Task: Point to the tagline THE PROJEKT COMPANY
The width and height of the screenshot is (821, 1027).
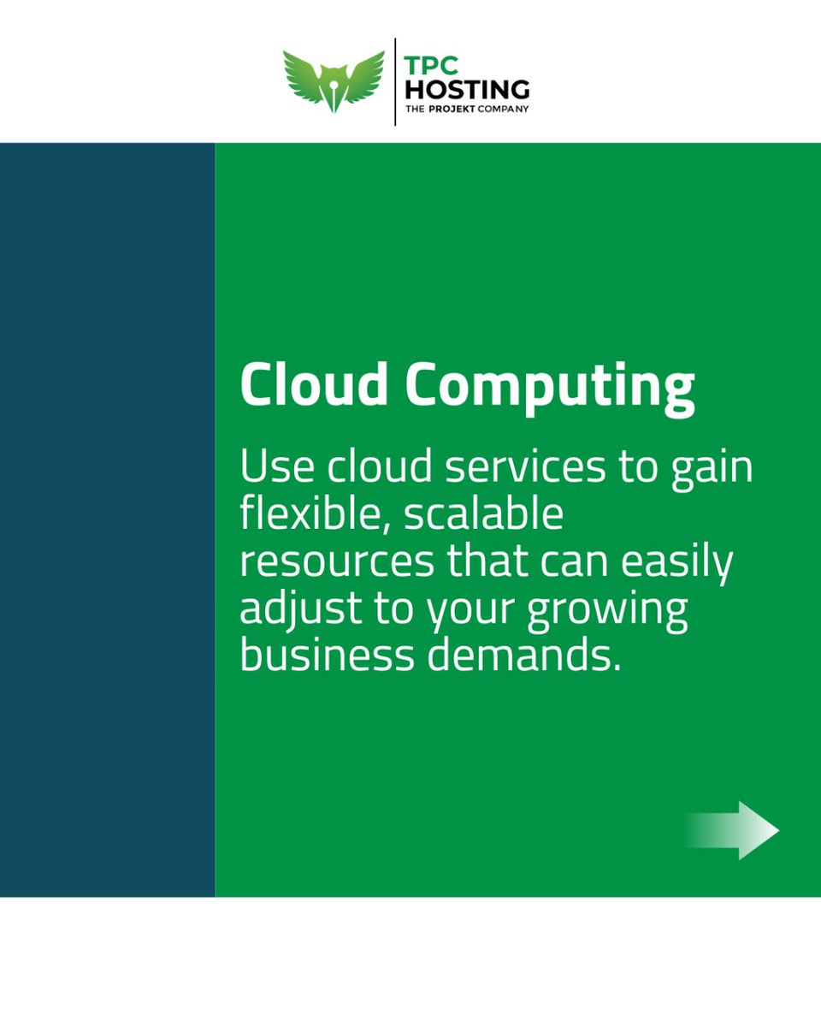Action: [467, 109]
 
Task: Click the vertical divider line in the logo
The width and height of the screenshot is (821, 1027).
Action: [395, 81]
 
